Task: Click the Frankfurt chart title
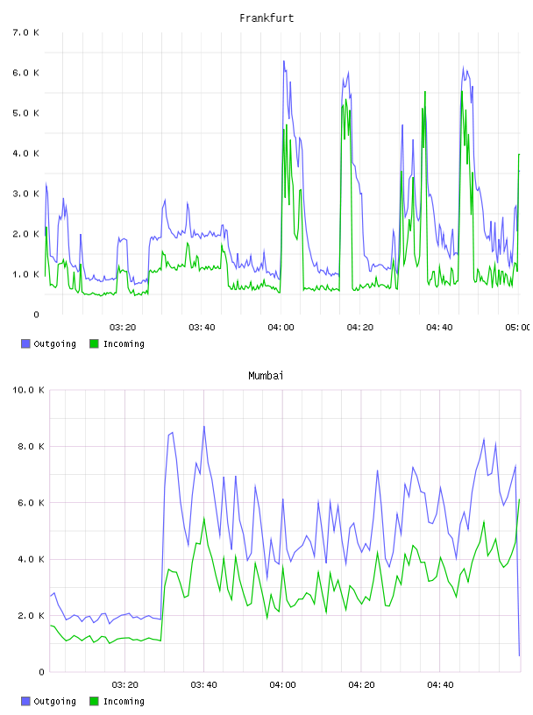[x=266, y=18]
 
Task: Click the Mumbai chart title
[x=266, y=376]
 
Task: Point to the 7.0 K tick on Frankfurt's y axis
[x=26, y=32]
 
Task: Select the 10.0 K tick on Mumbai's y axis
[x=28, y=390]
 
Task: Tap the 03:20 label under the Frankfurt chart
[x=123, y=327]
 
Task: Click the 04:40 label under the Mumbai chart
[x=440, y=684]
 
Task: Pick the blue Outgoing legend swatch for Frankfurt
[x=25, y=343]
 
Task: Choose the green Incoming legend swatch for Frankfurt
[x=94, y=343]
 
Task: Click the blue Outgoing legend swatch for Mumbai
[x=25, y=701]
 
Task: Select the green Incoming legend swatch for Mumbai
[x=94, y=701]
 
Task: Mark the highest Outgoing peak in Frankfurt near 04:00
[x=283, y=60]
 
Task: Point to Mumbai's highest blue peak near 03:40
[x=204, y=427]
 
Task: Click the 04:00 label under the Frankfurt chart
[x=281, y=327]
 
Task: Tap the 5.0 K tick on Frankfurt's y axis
[x=26, y=113]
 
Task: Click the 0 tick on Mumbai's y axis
[x=41, y=672]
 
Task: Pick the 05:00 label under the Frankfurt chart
[x=517, y=327]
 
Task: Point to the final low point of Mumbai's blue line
[x=519, y=655]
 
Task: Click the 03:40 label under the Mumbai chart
[x=204, y=684]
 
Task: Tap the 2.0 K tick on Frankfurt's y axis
[x=26, y=234]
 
